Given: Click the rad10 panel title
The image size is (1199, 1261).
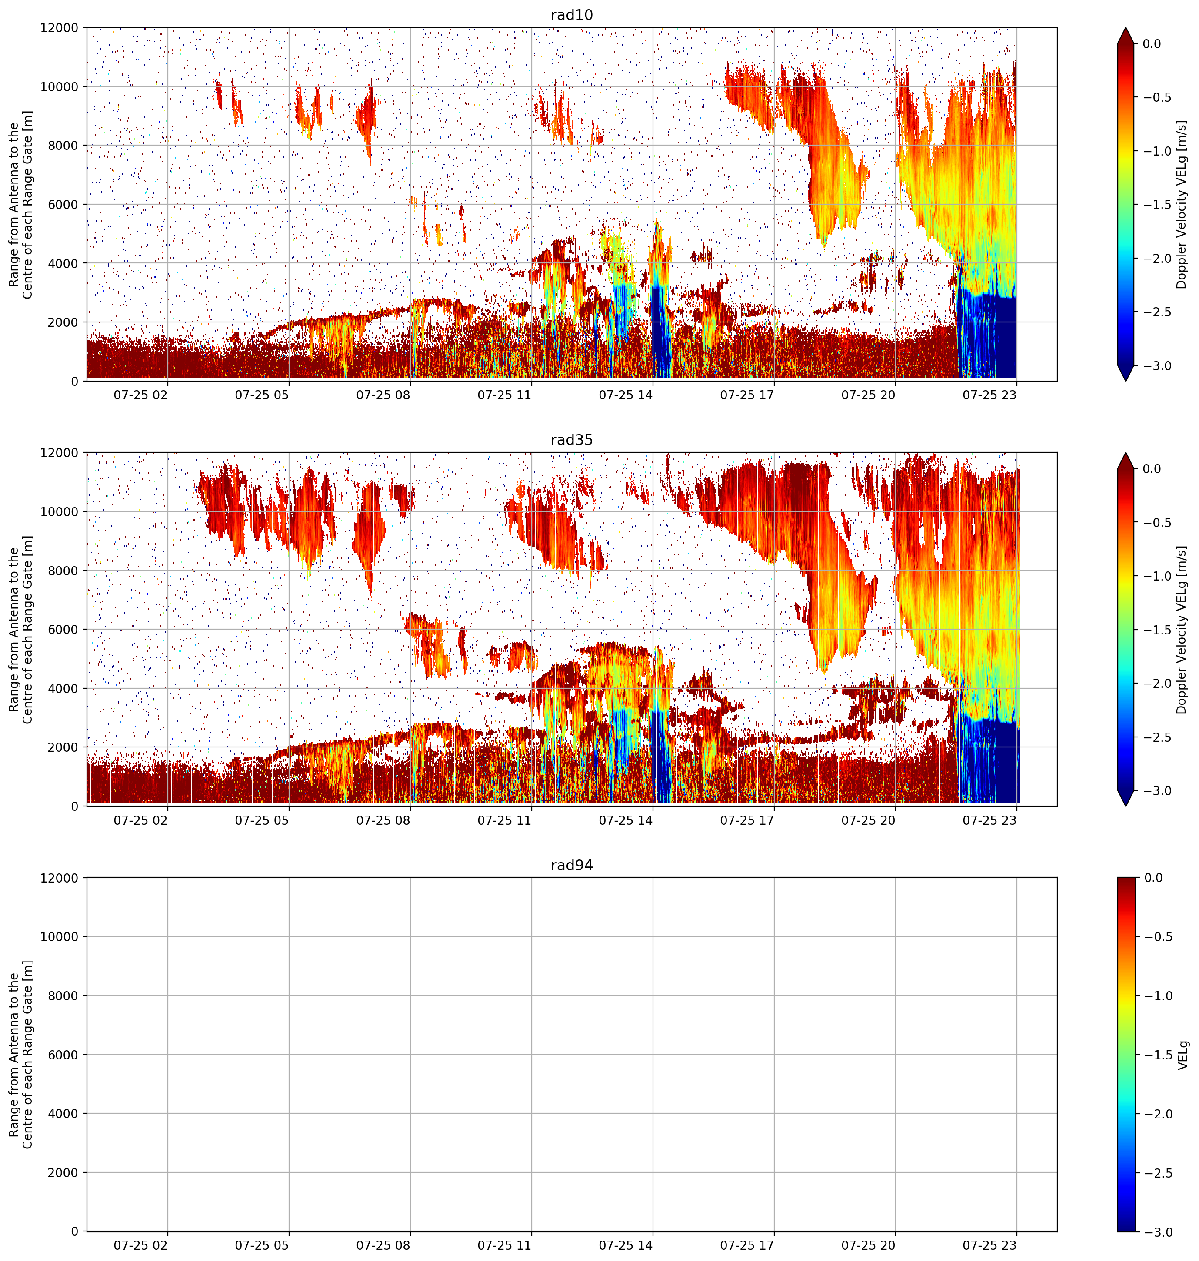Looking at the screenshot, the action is (x=571, y=15).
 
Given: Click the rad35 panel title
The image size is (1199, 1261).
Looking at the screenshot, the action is (x=571, y=439).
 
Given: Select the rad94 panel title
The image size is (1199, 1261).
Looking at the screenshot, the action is (x=571, y=865).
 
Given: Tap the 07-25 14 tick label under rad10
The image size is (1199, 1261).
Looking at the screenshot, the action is (x=626, y=395).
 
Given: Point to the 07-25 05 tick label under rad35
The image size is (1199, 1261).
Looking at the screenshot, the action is (x=262, y=820).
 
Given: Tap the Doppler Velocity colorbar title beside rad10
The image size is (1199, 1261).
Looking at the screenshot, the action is (x=1181, y=204).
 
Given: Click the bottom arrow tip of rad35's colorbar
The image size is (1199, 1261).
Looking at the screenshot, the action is (x=1126, y=806).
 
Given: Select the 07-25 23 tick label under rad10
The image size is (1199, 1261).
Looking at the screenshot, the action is (x=990, y=395).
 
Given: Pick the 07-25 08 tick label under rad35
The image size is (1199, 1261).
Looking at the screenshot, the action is (x=383, y=820).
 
